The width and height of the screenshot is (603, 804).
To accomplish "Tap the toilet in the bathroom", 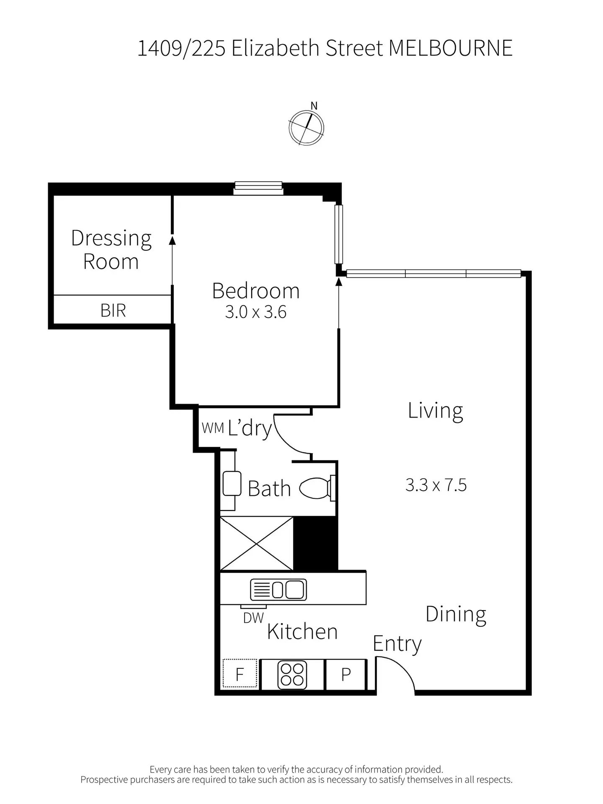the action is (x=317, y=488).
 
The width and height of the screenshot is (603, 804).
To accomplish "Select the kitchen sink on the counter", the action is (x=278, y=590).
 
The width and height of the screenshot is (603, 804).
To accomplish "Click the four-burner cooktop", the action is (x=292, y=675).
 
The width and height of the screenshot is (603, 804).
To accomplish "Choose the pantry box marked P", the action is (x=346, y=675).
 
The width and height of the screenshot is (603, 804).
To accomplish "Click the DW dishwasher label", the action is (x=253, y=618).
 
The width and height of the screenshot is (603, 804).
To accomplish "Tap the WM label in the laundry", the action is (x=213, y=428).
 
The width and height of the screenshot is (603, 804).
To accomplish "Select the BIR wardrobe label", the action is (x=113, y=310).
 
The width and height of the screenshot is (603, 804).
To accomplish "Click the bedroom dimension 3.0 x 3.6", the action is (x=256, y=312).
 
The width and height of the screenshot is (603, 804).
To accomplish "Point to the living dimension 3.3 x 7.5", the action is (x=436, y=485).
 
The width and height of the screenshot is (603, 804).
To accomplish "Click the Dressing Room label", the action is (x=111, y=250).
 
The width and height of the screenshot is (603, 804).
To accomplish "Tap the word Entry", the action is (x=397, y=644).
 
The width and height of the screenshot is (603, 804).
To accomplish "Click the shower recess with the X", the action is (x=256, y=544).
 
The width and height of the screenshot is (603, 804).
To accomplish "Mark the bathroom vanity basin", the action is (x=232, y=484).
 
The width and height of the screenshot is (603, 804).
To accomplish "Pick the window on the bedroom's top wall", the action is (x=258, y=188).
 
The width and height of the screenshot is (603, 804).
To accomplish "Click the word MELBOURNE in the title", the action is (x=451, y=48).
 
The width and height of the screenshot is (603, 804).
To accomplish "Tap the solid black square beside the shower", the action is (x=315, y=544).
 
